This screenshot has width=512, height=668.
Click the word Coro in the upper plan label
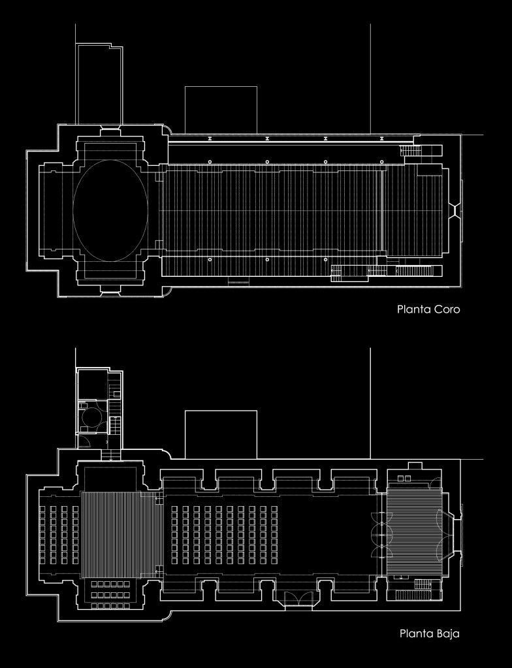tap(447, 309)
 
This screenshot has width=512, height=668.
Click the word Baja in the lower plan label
tap(448, 633)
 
